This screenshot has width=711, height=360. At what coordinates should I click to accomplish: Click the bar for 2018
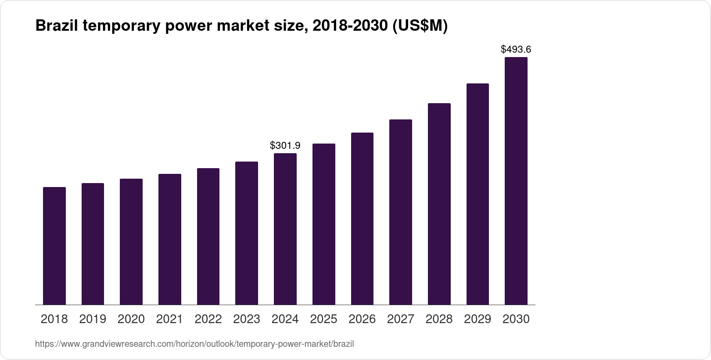(54, 246)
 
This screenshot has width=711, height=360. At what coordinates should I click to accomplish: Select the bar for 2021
(170, 239)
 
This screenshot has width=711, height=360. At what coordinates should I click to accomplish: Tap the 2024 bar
(285, 229)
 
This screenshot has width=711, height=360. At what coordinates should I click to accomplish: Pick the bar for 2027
(401, 212)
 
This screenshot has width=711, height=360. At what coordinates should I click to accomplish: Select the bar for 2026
(362, 219)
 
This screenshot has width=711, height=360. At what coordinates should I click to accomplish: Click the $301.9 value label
(285, 145)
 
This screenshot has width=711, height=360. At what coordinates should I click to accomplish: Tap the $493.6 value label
(516, 49)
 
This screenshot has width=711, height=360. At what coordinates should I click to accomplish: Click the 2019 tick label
(93, 319)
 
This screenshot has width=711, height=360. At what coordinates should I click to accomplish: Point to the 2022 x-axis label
(208, 319)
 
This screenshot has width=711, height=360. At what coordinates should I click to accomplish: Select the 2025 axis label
(323, 319)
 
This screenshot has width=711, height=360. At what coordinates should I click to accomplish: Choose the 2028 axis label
(439, 319)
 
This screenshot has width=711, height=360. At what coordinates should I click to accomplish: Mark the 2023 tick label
(247, 319)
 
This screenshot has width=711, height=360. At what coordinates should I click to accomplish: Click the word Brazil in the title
(55, 26)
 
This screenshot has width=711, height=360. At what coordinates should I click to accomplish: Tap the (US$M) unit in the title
(420, 26)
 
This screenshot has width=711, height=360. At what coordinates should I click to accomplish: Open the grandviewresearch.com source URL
(194, 344)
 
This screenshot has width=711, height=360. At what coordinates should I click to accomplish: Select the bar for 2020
(131, 241)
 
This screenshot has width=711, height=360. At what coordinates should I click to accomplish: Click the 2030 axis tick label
(516, 319)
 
